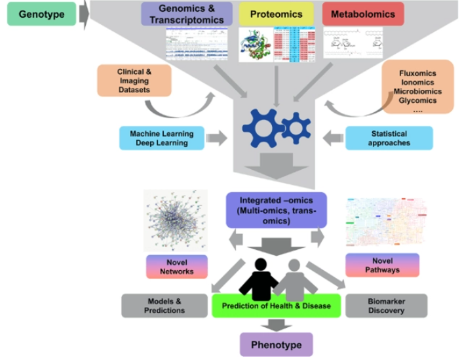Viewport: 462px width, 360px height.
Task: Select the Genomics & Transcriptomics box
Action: [x=186, y=14]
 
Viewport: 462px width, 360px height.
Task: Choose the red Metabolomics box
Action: [x=363, y=14]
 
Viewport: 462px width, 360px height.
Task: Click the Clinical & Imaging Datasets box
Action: [x=134, y=81]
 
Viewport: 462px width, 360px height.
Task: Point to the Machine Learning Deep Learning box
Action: [x=161, y=138]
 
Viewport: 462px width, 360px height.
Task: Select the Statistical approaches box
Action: [x=389, y=138]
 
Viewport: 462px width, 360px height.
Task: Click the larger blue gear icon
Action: [x=262, y=128]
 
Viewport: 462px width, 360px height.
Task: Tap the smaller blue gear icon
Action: [x=296, y=128]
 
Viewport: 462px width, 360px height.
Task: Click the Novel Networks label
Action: [x=177, y=267]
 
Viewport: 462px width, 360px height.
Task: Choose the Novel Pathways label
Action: [x=382, y=266]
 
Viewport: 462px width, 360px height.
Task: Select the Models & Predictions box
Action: [x=164, y=305]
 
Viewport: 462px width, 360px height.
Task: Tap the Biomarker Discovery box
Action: [x=386, y=305]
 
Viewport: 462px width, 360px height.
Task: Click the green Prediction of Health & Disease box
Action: [x=276, y=306]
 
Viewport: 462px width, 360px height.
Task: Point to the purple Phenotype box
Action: [x=276, y=344]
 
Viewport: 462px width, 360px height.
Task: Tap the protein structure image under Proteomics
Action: [x=255, y=45]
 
